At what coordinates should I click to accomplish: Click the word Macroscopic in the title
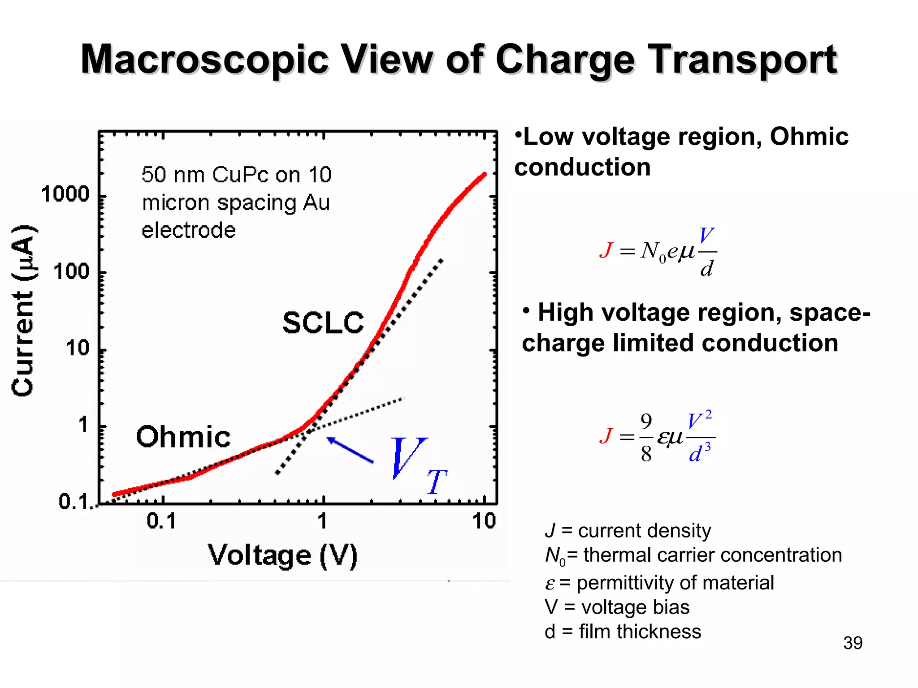coord(204,60)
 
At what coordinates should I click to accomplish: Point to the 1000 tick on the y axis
coord(65,195)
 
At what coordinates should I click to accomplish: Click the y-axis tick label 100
coord(71,272)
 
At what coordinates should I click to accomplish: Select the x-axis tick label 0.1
coord(161,521)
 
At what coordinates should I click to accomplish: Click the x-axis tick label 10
coord(484,521)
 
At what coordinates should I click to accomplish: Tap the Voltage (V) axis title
coord(282,555)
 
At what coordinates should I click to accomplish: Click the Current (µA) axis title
coord(23,310)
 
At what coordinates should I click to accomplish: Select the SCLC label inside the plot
coord(323,322)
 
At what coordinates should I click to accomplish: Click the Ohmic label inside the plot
coord(183,437)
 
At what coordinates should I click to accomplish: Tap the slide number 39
coord(853,643)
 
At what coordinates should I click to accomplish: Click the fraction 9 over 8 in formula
coord(646,438)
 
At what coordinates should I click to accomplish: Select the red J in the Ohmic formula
coord(606,250)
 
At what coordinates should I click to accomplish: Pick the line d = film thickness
coord(622,632)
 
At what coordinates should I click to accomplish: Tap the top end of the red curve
coord(484,175)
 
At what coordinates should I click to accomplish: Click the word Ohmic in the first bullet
coord(809,137)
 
